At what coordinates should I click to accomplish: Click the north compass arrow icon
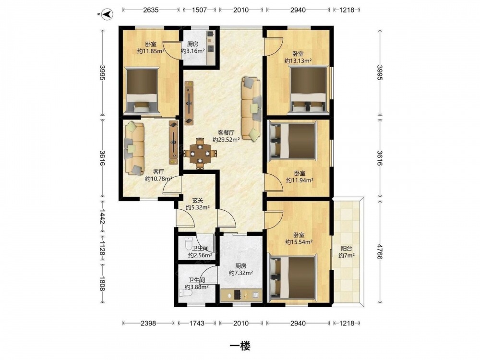point(107,14)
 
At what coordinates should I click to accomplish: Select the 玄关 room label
point(197,201)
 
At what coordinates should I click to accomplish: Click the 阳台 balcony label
point(346,249)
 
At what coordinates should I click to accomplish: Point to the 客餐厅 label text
point(226,133)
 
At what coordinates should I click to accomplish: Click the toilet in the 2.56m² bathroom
point(188,243)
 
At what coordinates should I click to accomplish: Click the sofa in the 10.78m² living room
point(134,148)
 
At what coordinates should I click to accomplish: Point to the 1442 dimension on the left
point(102,216)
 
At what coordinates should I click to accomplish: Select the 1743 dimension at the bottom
point(197,323)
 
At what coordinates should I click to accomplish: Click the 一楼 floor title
point(240,346)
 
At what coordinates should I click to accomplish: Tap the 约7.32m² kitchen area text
point(241,273)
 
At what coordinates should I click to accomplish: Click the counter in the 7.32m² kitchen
point(241,295)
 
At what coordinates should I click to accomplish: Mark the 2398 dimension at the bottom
point(148,323)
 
